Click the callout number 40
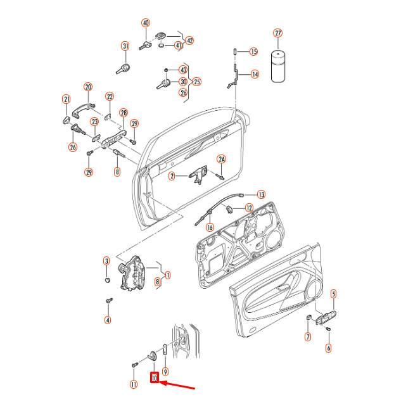[x=146, y=23]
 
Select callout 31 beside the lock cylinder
[x=125, y=46]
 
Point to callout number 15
[x=253, y=51]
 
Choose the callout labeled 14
[x=254, y=74]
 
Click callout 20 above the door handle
[x=88, y=87]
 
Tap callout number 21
[x=66, y=99]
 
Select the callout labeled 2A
[x=222, y=159]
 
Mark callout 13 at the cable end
[x=261, y=194]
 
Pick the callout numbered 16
[x=210, y=225]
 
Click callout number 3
[x=106, y=261]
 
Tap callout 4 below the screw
[x=108, y=320]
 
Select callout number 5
[x=333, y=293]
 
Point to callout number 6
[x=328, y=348]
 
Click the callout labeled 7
[x=308, y=337]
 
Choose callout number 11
[x=134, y=384]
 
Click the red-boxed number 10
[x=154, y=378]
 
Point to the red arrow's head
[x=160, y=382]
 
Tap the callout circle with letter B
[x=117, y=172]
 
